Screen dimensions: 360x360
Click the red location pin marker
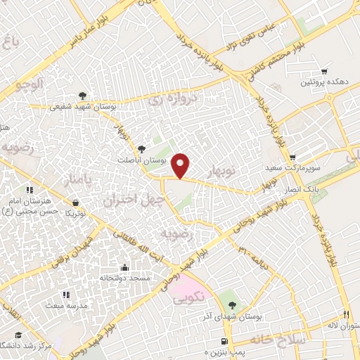tap(181, 165)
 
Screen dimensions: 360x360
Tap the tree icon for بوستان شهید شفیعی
tap(84, 96)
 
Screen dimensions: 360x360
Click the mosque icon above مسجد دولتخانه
tap(125, 268)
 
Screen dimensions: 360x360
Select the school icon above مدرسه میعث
tap(65, 295)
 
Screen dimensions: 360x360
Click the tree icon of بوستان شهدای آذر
tap(233, 305)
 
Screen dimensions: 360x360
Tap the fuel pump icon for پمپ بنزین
tap(224, 340)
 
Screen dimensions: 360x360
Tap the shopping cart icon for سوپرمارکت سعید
tap(292, 156)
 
